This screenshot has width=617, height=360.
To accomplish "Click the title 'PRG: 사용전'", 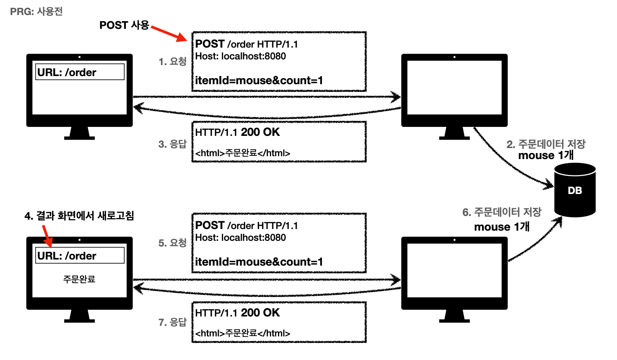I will pyautogui.click(x=36, y=11).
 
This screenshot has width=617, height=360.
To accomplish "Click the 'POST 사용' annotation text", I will pyautogui.click(x=124, y=25).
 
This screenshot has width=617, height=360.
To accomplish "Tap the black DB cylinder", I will pyautogui.click(x=575, y=190).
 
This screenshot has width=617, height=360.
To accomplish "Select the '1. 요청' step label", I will pyautogui.click(x=172, y=61).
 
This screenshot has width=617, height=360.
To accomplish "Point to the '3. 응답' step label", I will pyautogui.click(x=172, y=144).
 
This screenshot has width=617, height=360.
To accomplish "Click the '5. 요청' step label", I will pyautogui.click(x=172, y=243).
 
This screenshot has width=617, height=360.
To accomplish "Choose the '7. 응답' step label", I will pyautogui.click(x=172, y=322).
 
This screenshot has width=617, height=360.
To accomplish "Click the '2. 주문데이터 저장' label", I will pyautogui.click(x=546, y=144).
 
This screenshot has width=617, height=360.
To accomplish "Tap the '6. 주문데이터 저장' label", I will pyautogui.click(x=502, y=212).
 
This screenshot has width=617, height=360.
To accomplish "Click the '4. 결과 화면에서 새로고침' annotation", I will pyautogui.click(x=79, y=216).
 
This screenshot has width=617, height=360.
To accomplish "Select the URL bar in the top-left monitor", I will pyautogui.click(x=80, y=72).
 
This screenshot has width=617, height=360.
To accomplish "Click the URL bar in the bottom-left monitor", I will pyautogui.click(x=80, y=256).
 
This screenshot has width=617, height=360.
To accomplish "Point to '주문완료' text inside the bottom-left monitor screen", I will pyautogui.click(x=79, y=279).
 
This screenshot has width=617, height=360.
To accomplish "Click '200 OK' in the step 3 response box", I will pyautogui.click(x=260, y=132).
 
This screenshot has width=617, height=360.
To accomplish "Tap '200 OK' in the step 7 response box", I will pyautogui.click(x=260, y=313).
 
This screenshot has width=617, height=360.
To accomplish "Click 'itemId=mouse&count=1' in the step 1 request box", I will pyautogui.click(x=259, y=81).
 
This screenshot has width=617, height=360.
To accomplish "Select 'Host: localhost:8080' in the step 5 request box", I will pyautogui.click(x=241, y=238).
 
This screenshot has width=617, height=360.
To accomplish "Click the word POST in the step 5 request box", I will pyautogui.click(x=210, y=225).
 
